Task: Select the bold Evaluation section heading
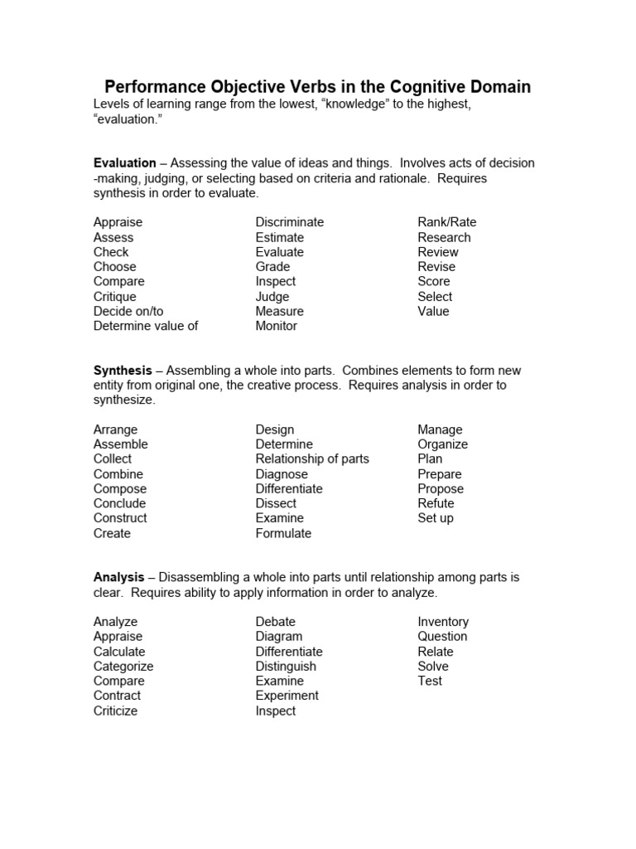124,163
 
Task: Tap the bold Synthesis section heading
123,371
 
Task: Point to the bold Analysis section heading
118,577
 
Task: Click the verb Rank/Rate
447,222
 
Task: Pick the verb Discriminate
290,222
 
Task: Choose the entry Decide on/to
128,311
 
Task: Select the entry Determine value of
146,326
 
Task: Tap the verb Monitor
277,326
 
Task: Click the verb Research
444,237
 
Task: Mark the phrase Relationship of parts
312,459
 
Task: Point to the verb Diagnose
282,474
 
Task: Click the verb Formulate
283,533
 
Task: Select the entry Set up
436,518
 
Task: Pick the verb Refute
436,503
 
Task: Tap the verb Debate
276,622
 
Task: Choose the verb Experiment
287,696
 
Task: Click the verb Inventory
443,622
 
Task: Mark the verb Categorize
123,667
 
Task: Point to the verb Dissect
276,503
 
